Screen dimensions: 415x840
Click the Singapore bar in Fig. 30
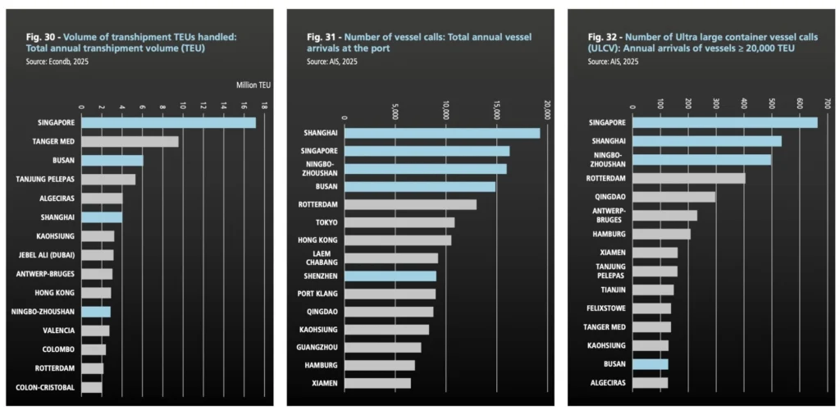click(168, 123)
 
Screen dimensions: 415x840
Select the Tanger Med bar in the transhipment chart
click(130, 142)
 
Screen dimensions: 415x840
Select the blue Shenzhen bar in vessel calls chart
click(390, 276)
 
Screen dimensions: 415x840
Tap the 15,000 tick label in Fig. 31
click(497, 110)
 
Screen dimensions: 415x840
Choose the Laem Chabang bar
click(390, 258)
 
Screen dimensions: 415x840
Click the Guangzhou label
click(317, 347)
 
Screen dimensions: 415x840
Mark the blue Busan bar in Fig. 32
click(651, 364)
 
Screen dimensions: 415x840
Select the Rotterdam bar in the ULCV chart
click(689, 178)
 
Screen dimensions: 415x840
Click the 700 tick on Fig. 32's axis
click(827, 104)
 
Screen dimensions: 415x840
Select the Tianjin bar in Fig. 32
click(653, 290)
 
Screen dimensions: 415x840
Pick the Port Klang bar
click(390, 294)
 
